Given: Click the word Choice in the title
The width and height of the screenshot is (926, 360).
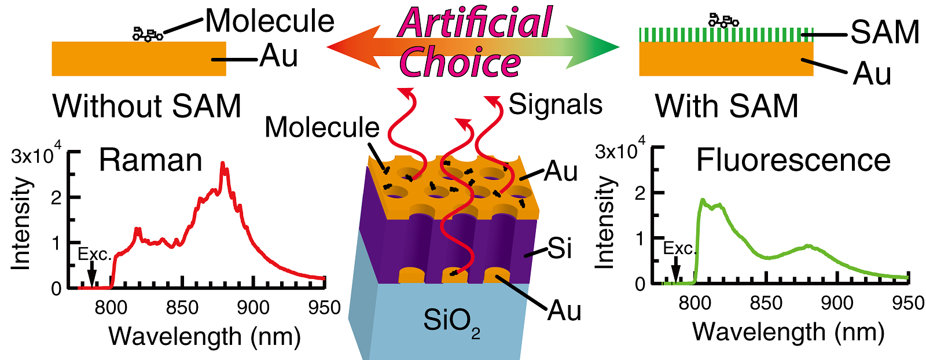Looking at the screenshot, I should tap(460, 63).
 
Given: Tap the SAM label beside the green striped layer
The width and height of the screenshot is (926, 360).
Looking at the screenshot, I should tap(884, 32).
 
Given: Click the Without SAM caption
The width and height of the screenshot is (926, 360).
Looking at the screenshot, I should tap(147, 106).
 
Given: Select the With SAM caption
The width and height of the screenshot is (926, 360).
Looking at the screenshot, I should tap(726, 106).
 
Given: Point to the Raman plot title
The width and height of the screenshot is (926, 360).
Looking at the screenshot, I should tap(150, 160).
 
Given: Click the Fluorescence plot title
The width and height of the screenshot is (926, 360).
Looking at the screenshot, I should tap(793, 160).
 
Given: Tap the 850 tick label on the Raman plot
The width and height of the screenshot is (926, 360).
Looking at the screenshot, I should tap(182, 307).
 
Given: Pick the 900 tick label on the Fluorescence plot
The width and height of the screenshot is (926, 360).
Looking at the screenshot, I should tap(837, 303).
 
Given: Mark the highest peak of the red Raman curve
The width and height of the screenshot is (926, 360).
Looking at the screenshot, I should tap(223, 165).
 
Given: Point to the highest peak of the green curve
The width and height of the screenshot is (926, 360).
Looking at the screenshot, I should tap(703, 200).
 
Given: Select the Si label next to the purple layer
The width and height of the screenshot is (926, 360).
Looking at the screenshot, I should tap(559, 249).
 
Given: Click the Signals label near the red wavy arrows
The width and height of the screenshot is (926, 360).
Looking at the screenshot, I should tap(555, 105).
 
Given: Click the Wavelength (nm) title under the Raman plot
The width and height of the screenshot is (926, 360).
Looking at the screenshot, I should tap(204, 336).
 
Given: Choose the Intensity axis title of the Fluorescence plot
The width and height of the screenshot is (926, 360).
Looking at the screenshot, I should tap(605, 223).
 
